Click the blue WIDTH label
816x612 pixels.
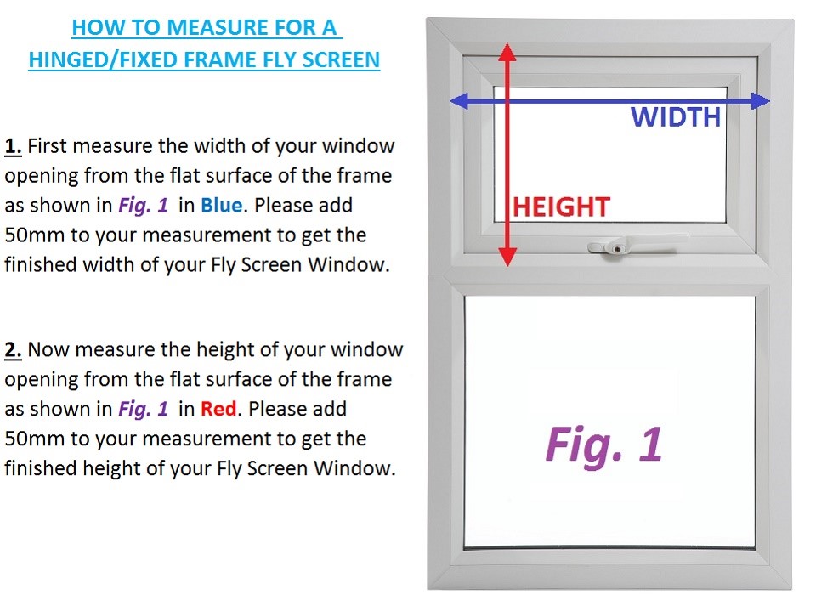click(676, 117)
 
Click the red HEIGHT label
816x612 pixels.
click(561, 207)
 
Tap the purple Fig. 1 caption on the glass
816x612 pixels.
click(603, 444)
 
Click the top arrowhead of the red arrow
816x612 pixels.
click(507, 50)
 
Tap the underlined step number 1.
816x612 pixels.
click(13, 146)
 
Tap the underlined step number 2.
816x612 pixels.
click(13, 350)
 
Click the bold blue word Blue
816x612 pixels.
click(222, 206)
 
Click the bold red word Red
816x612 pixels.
click(220, 410)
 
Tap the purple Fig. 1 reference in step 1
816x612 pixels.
click(142, 206)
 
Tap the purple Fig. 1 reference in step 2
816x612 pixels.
click(142, 410)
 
